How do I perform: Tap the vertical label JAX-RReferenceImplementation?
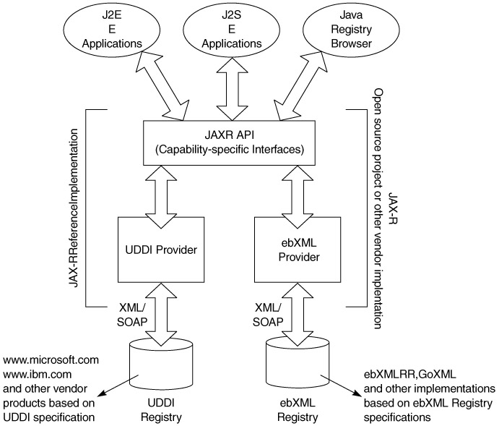click(74, 207)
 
